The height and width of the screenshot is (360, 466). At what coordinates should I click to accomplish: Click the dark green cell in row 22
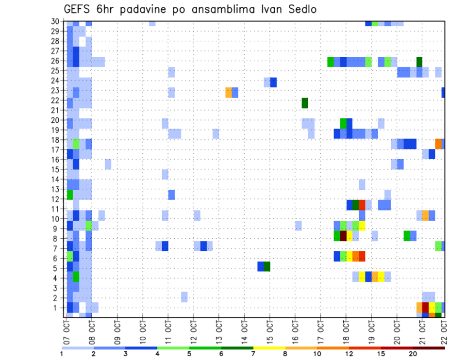pyautogui.click(x=305, y=103)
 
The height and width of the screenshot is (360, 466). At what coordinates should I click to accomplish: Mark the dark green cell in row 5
pyautogui.click(x=267, y=266)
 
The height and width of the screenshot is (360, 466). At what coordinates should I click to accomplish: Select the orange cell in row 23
pyautogui.click(x=229, y=93)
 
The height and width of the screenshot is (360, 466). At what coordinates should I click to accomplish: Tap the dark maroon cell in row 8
pyautogui.click(x=343, y=236)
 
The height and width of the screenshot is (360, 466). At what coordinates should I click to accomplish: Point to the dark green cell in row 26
pyautogui.click(x=419, y=62)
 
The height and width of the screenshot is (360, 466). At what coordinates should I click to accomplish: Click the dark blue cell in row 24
pyautogui.click(x=273, y=82)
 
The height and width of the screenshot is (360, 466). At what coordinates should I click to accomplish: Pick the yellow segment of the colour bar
pyautogui.click(x=269, y=348)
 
